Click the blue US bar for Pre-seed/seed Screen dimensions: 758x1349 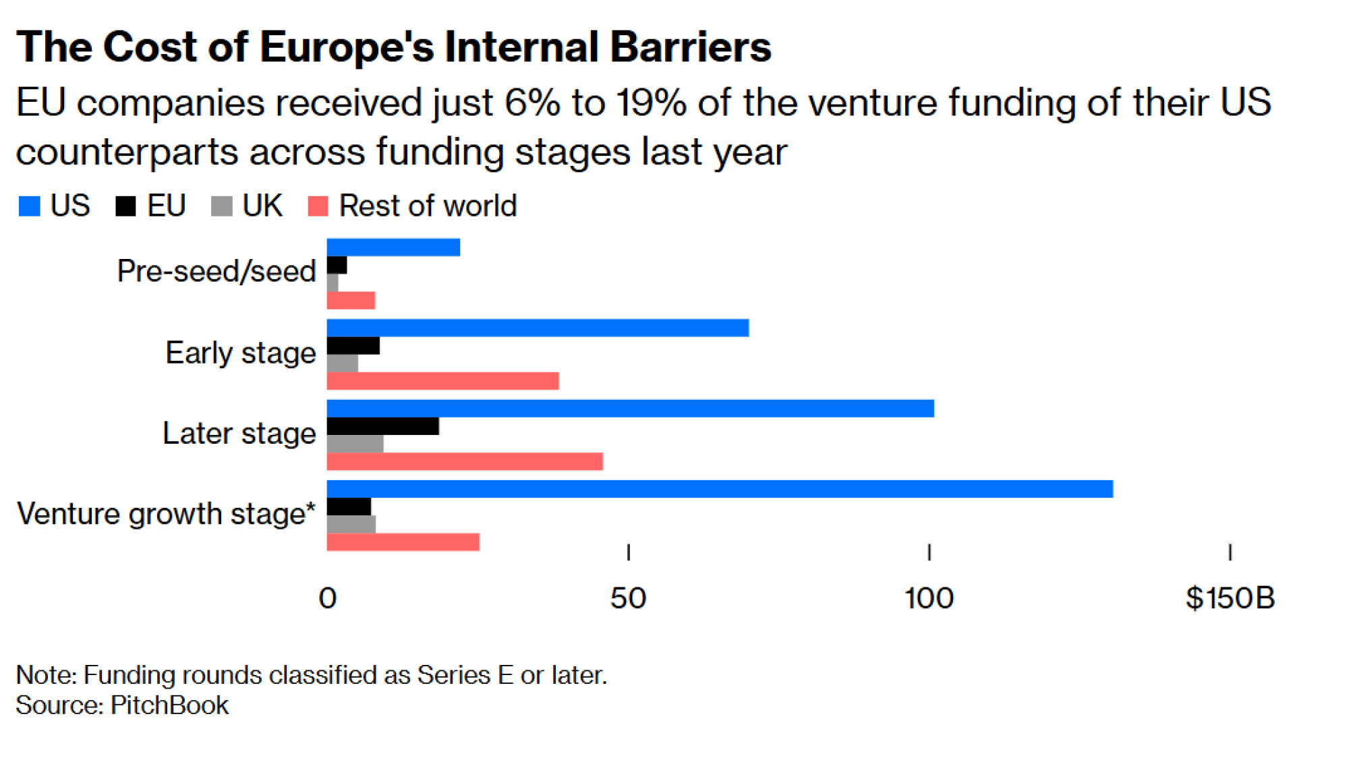393,247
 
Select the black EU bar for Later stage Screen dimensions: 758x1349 382,426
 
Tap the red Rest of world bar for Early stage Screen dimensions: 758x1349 442,381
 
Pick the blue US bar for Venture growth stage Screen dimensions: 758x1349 720,489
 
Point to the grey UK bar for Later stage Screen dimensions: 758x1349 355,444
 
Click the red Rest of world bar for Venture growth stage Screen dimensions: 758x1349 403,542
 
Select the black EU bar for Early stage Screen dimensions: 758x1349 353,346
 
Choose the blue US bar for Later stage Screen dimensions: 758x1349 630,409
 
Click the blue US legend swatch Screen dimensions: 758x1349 30,206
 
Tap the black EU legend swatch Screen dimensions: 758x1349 125,206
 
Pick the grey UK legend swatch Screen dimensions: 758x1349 221,206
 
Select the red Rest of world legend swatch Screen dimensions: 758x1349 318,206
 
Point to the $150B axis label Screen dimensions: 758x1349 1230,598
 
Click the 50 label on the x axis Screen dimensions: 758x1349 628,598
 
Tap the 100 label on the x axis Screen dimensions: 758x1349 929,598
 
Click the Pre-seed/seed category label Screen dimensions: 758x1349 216,272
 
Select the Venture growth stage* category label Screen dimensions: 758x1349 166,514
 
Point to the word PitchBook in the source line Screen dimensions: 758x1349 169,705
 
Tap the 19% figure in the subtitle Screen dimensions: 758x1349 652,103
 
